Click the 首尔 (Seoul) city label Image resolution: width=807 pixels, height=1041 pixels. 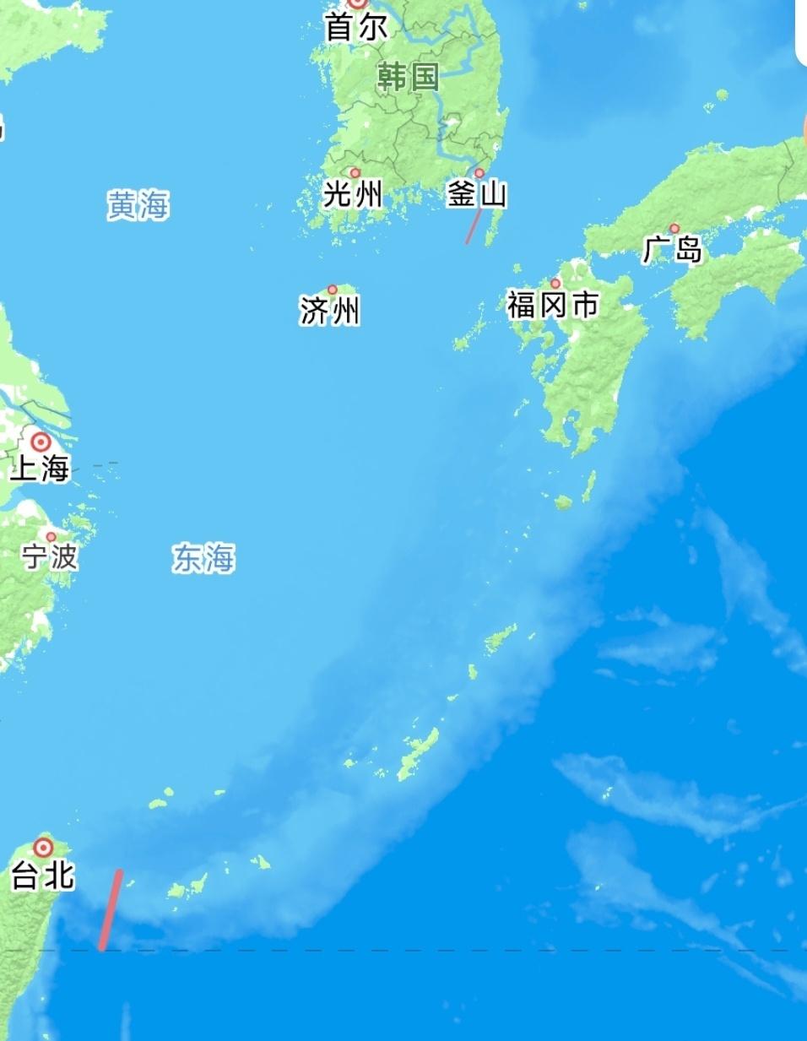356,28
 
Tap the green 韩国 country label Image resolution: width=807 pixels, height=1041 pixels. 408,77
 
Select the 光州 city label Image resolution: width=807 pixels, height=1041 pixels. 353,195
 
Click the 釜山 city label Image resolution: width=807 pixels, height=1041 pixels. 477,195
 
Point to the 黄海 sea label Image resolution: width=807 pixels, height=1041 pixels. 138,205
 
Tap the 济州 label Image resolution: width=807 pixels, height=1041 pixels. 329,311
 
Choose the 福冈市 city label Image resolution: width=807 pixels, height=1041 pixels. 553,305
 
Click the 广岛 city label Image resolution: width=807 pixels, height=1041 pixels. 672,249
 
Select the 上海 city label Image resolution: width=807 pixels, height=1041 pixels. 39,468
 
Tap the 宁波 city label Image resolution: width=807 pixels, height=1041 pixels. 50,556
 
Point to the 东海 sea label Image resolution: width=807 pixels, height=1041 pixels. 203,558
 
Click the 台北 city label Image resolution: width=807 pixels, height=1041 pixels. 42,876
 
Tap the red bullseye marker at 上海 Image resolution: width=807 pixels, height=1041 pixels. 41,442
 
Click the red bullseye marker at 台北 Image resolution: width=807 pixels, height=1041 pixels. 43,847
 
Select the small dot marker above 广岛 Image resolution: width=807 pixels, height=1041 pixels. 674,228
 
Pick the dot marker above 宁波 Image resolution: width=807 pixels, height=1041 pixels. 51,537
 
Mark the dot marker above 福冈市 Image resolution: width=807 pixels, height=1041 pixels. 555,284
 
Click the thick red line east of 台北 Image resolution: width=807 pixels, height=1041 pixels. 111,910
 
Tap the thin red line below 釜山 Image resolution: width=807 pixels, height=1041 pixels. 474,226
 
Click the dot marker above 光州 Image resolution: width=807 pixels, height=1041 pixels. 355,173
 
